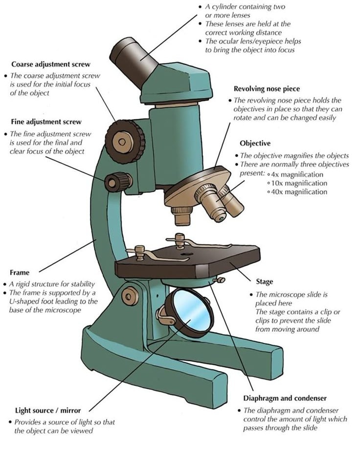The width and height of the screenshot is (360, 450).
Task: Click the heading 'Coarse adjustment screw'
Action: (51, 64)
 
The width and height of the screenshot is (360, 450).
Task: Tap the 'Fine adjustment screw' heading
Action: (46, 122)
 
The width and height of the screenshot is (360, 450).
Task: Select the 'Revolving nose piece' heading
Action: (267, 89)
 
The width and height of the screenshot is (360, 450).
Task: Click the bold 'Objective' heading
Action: (255, 143)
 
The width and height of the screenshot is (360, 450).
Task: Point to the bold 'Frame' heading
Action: (20, 272)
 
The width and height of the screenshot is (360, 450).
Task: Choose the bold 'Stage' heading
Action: (265, 282)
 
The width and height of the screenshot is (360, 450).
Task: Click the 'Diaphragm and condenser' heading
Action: (285, 398)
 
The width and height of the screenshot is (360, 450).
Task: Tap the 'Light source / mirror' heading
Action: (48, 410)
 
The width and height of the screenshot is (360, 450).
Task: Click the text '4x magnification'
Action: (297, 175)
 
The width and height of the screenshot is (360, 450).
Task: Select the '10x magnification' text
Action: (299, 183)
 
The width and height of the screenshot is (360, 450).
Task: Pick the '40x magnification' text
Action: (299, 192)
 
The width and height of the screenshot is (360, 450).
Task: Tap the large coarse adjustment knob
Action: (125, 142)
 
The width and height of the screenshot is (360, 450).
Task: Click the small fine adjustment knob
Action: (118, 181)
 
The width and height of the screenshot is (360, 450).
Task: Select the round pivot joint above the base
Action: (130, 295)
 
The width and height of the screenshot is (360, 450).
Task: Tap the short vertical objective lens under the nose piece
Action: (182, 216)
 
